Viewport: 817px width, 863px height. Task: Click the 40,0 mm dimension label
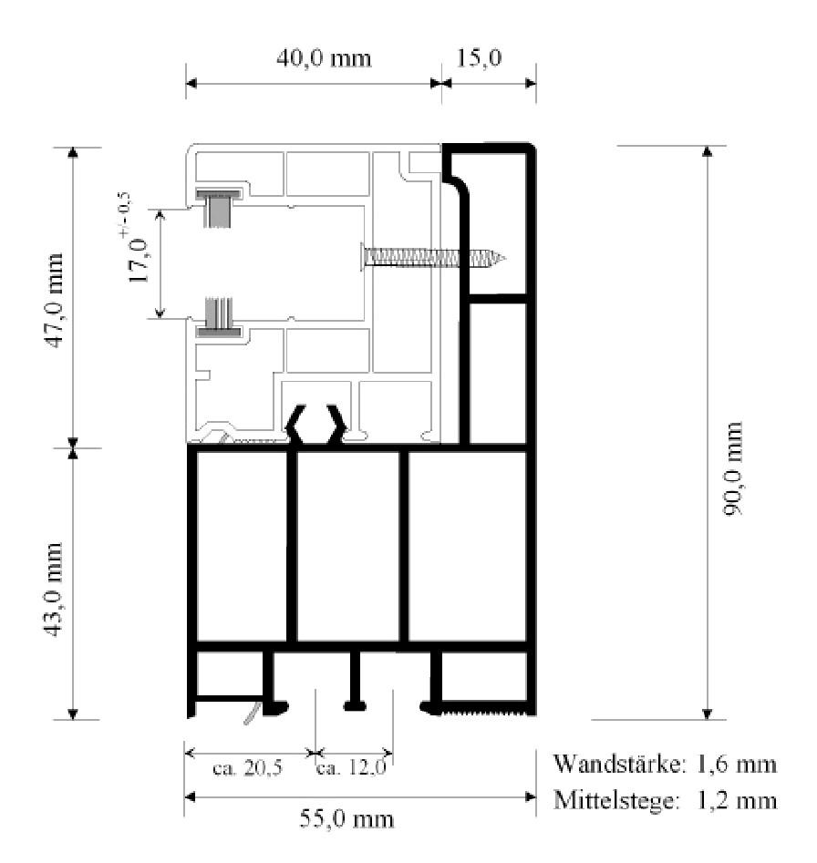tap(324, 58)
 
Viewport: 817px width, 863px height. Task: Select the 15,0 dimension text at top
tap(479, 57)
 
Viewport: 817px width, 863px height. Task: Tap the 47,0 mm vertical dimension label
tap(54, 301)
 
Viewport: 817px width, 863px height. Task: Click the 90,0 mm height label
tap(733, 468)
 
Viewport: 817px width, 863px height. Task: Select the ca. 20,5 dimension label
tap(247, 767)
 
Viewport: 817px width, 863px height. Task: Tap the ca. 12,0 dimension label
tap(351, 767)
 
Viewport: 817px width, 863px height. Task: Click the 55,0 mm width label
tap(346, 819)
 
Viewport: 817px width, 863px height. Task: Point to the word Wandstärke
tap(620, 764)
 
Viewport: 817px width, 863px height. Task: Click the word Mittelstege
tap(615, 800)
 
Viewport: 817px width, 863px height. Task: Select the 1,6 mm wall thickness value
tap(737, 765)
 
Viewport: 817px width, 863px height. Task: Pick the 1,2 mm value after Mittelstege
tap(737, 801)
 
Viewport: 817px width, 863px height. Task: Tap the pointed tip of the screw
tap(504, 257)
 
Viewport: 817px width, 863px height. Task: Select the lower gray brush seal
tap(219, 317)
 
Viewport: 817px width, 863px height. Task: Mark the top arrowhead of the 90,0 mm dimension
tap(708, 151)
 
